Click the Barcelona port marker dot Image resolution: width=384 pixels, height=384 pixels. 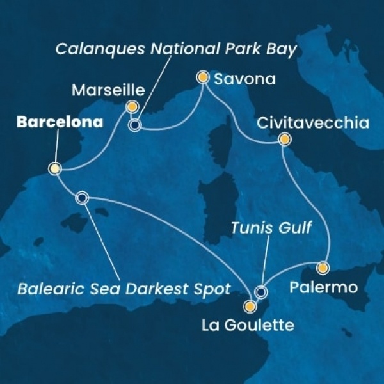(x=55, y=169)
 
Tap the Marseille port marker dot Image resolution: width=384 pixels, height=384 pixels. (x=132, y=106)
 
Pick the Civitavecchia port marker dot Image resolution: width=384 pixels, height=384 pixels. (x=284, y=139)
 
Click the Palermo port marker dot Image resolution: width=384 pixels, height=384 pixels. (x=323, y=268)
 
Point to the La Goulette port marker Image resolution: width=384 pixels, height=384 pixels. (x=250, y=305)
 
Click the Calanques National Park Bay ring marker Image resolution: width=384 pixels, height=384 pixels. (x=134, y=125)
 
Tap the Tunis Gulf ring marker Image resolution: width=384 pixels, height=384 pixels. (x=260, y=292)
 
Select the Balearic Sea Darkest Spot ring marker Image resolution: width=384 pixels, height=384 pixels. (x=82, y=198)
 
